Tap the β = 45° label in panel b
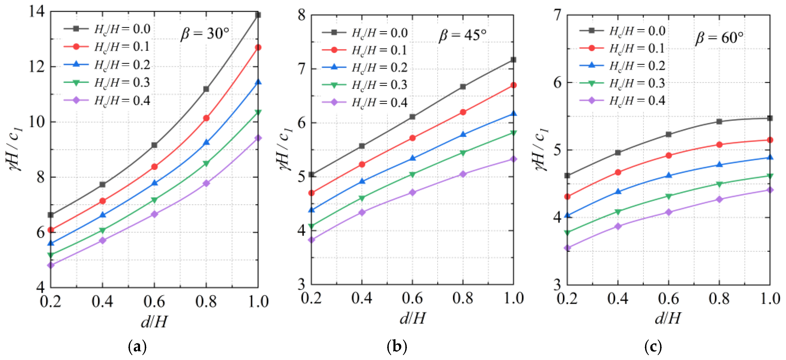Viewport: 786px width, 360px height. click(x=462, y=35)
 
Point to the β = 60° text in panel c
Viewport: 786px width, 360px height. click(x=719, y=38)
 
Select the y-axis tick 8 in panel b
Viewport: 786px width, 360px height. click(x=302, y=15)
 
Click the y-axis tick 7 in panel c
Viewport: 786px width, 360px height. click(x=558, y=15)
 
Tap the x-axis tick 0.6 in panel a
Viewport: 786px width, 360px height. click(x=154, y=301)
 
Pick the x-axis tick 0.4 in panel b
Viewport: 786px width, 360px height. click(x=362, y=298)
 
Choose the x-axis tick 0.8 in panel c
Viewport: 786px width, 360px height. click(x=719, y=298)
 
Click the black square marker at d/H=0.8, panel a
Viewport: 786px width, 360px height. click(x=206, y=89)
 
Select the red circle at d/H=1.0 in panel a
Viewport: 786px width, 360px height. click(x=258, y=47)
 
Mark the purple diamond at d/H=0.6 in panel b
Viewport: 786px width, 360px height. click(x=412, y=193)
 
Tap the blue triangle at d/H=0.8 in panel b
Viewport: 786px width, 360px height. click(x=463, y=134)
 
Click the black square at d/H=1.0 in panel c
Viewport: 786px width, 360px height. click(x=770, y=118)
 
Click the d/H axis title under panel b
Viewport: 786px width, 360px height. click(x=412, y=318)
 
